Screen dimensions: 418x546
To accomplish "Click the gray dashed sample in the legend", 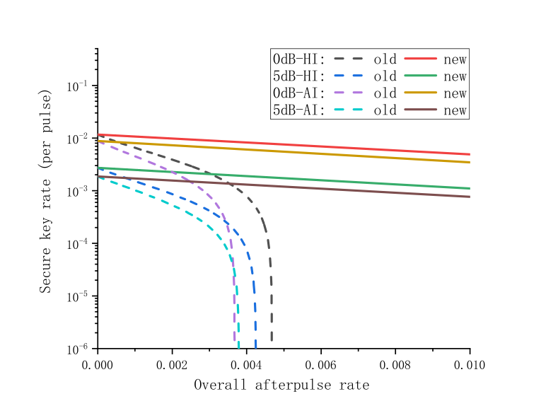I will tap(348, 59).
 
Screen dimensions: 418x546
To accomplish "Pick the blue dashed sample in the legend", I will tap(348, 76).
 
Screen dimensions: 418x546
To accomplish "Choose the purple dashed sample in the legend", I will tap(348, 93).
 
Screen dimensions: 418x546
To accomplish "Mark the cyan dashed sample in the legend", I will tap(348, 110).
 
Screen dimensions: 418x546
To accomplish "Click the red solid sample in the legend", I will tap(420, 59).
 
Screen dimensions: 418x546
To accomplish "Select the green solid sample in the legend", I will tap(420, 76).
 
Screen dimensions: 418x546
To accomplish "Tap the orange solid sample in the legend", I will tap(420, 93).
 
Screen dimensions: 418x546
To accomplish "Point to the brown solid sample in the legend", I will tap(420, 110).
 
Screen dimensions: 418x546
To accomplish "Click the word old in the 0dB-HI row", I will tap(385, 59).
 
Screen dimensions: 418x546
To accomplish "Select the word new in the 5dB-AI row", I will tap(455, 110).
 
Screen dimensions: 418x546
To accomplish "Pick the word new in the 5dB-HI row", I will tap(455, 76).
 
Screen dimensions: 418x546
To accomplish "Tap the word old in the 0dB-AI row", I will tap(385, 93).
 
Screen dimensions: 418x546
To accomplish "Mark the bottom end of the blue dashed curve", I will tap(255, 347).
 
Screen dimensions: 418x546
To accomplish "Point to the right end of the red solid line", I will tap(470, 154).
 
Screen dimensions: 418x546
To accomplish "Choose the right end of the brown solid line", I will tap(470, 197).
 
